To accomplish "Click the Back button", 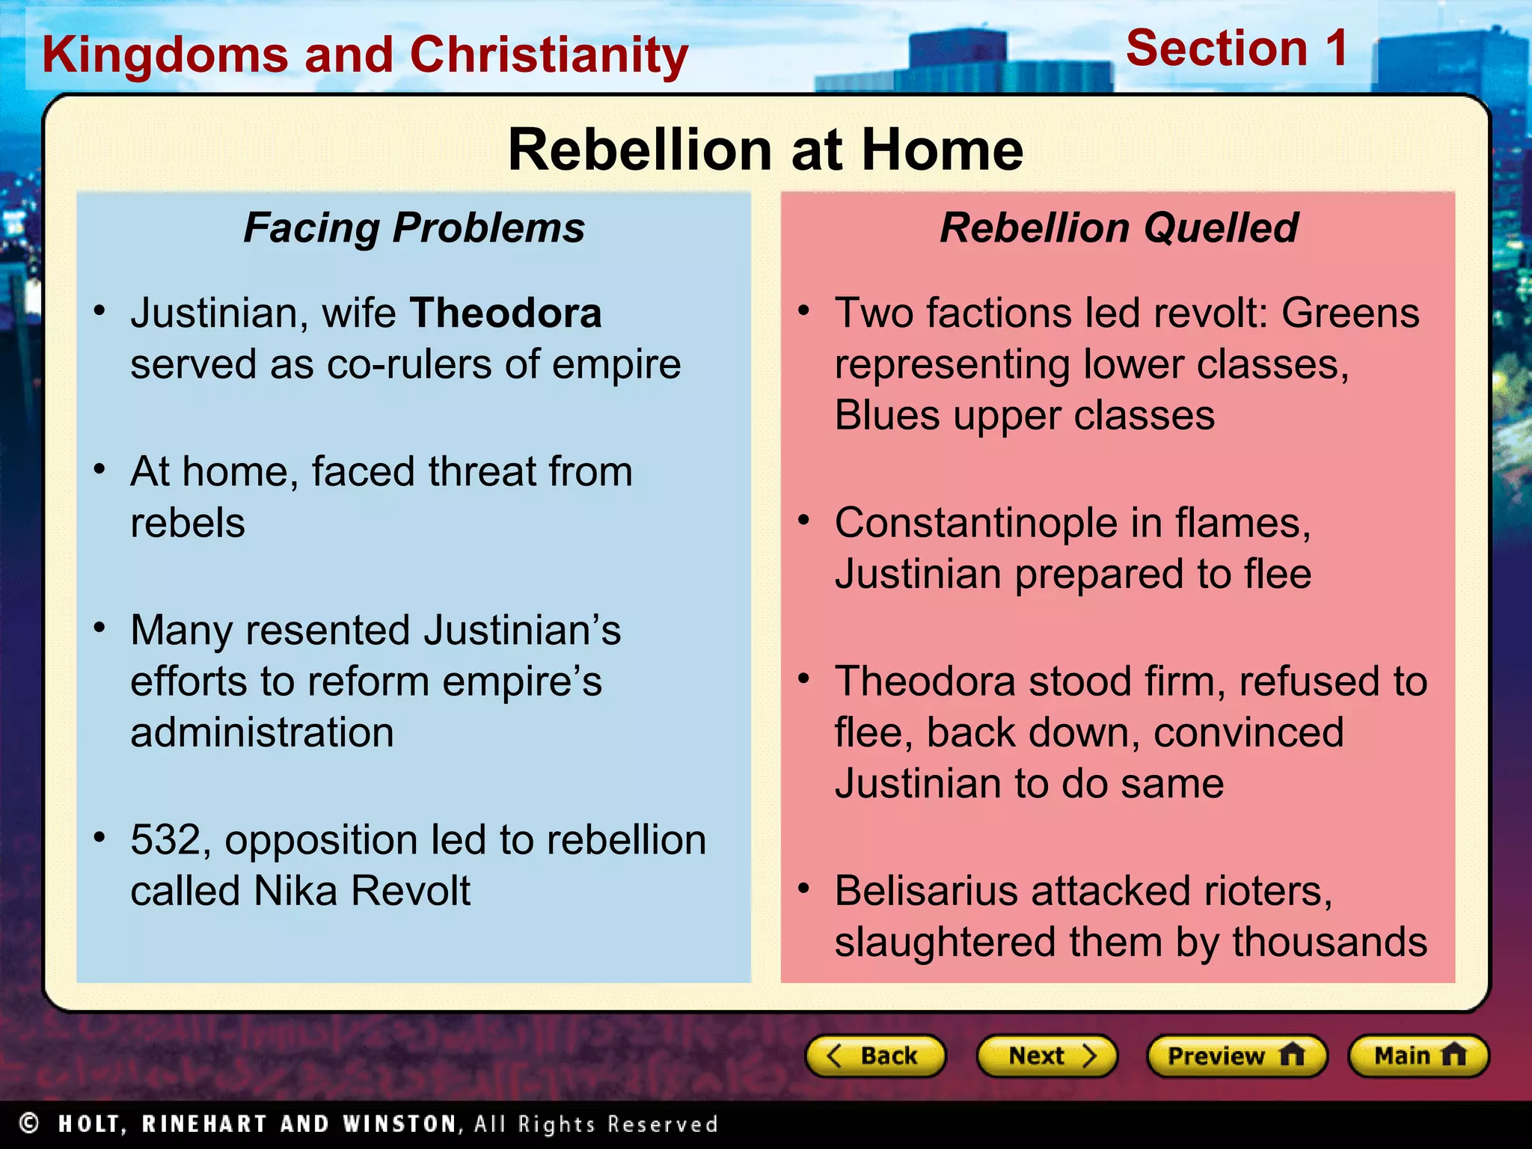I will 874,1055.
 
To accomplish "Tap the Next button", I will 1047,1055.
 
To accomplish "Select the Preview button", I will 1236,1055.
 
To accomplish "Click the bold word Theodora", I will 506,313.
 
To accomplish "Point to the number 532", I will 165,840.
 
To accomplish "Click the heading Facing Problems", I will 414,227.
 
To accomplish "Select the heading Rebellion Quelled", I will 1118,227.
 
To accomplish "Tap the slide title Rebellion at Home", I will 765,150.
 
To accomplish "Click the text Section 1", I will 1237,49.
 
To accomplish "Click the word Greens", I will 1350,313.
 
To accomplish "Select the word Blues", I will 887,415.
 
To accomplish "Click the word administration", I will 262,732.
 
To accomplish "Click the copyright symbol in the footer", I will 29,1124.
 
